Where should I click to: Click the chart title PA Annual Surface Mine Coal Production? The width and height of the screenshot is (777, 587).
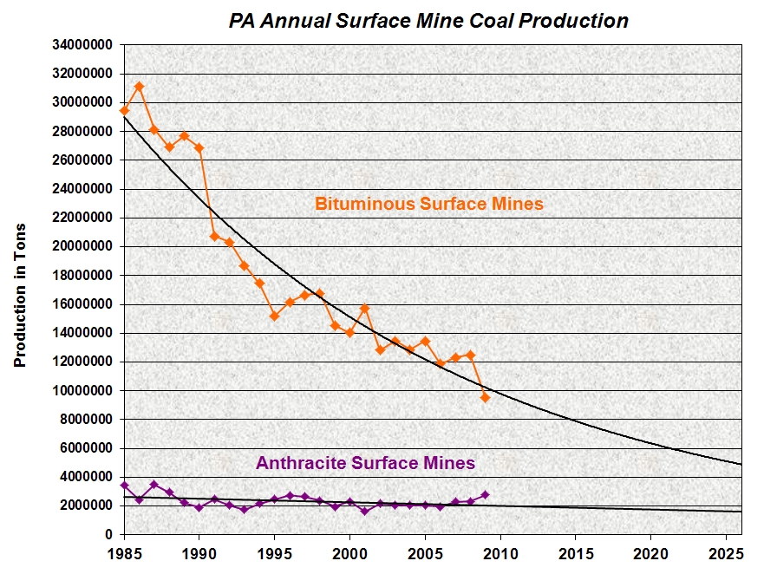pyautogui.click(x=428, y=21)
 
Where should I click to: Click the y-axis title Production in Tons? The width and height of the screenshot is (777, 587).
pyautogui.click(x=21, y=296)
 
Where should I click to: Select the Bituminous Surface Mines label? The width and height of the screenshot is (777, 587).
pyautogui.click(x=428, y=205)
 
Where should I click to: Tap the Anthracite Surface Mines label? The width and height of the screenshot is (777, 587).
pyautogui.click(x=365, y=463)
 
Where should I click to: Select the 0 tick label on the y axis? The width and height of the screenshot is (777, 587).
pyautogui.click(x=108, y=534)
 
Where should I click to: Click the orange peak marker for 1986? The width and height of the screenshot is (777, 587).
pyautogui.click(x=139, y=87)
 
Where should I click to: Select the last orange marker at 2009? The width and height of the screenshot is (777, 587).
pyautogui.click(x=486, y=397)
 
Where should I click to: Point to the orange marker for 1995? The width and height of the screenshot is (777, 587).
pyautogui.click(x=274, y=316)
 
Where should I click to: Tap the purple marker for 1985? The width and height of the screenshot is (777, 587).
pyautogui.click(x=124, y=486)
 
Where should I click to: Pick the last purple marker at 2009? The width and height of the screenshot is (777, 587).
pyautogui.click(x=486, y=494)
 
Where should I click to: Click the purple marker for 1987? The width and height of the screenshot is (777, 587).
pyautogui.click(x=154, y=485)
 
